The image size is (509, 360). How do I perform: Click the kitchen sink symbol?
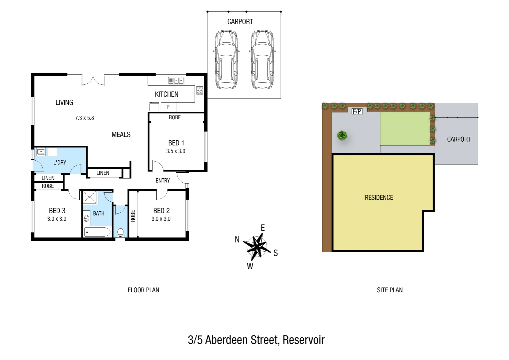(x=176, y=80)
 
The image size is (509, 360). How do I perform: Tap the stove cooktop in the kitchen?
(x=199, y=90)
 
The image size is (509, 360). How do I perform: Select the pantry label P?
(x=168, y=107)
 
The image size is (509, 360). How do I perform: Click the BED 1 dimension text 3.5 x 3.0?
(x=176, y=151)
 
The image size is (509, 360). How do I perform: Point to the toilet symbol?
(x=120, y=232)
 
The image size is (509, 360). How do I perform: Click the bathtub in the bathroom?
(x=97, y=232)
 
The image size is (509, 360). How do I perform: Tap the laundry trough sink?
(x=41, y=152)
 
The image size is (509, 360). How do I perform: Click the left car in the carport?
(x=226, y=60)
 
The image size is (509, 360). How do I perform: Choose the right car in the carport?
(x=262, y=60)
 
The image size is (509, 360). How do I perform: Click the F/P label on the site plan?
(x=357, y=111)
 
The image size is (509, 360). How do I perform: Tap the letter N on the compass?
(x=237, y=239)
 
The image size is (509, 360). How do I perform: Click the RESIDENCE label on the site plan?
(x=379, y=198)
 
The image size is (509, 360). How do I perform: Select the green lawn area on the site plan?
(x=405, y=129)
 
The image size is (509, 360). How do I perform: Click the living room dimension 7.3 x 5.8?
(x=84, y=118)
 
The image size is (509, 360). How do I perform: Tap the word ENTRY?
(x=163, y=181)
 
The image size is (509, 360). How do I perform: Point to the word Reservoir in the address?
(x=304, y=340)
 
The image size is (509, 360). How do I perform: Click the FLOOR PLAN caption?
(x=143, y=290)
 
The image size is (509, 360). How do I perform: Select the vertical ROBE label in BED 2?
(x=133, y=216)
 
